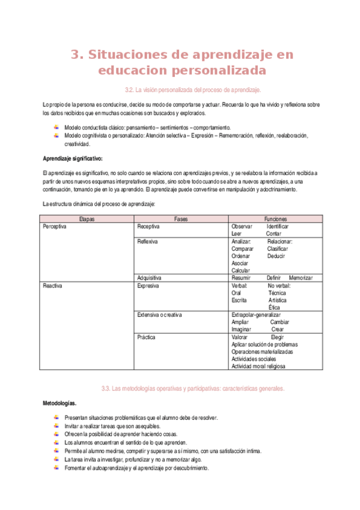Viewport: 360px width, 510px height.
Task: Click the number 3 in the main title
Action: pyautogui.click(x=75, y=55)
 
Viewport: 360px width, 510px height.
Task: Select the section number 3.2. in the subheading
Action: pyautogui.click(x=129, y=90)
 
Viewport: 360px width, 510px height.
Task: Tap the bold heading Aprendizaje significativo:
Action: pyautogui.click(x=72, y=159)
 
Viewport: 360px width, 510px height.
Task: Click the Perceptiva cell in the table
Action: pyautogui.click(x=55, y=227)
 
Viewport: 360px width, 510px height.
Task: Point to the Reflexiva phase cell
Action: pyautogui.click(x=148, y=241)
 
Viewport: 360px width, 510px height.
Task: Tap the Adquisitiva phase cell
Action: pyautogui.click(x=149, y=278)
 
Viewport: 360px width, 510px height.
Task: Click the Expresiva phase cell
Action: pyautogui.click(x=148, y=286)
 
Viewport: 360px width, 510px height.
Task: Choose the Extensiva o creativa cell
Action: pyautogui.click(x=159, y=315)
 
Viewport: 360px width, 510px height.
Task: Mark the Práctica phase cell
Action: pyautogui.click(x=146, y=337)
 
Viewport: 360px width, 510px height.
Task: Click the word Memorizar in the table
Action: pyautogui.click(x=301, y=278)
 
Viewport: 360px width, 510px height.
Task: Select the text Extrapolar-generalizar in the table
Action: pyautogui.click(x=256, y=315)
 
